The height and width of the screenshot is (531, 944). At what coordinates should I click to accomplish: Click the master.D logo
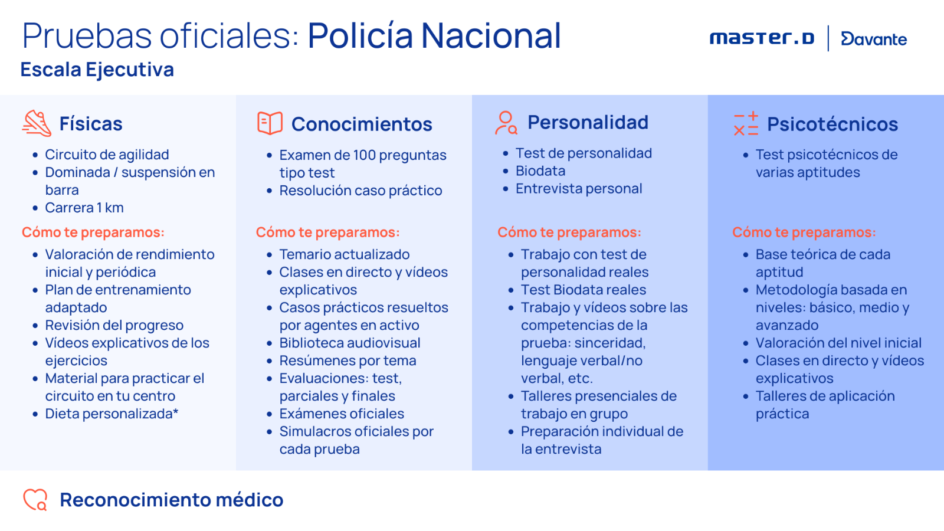pyautogui.click(x=762, y=38)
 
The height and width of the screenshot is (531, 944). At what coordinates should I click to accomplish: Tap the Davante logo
pyautogui.click(x=874, y=39)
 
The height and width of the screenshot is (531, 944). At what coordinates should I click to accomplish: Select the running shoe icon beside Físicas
pyautogui.click(x=37, y=123)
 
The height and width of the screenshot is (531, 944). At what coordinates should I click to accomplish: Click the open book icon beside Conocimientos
pyautogui.click(x=270, y=123)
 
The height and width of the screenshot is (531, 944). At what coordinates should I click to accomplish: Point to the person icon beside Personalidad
pyautogui.click(x=506, y=123)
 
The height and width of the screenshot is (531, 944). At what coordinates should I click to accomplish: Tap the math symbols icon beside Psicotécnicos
pyautogui.click(x=746, y=123)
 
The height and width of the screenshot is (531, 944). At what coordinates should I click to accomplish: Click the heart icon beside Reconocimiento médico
pyautogui.click(x=35, y=499)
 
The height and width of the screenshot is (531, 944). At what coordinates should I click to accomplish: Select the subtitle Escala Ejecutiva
pyautogui.click(x=97, y=70)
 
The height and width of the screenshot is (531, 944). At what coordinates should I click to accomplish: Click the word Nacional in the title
pyautogui.click(x=491, y=35)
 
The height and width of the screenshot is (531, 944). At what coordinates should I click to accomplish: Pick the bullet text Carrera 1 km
pyautogui.click(x=84, y=208)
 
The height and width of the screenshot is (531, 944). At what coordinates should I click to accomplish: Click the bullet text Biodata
pyautogui.click(x=540, y=171)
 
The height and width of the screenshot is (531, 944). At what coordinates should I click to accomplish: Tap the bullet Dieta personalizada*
pyautogui.click(x=112, y=414)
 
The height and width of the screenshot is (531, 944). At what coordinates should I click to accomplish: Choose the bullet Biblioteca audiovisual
pyautogui.click(x=350, y=343)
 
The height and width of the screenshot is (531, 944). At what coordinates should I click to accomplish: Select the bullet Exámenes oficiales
pyautogui.click(x=342, y=414)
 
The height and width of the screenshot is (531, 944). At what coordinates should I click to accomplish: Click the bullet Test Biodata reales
pyautogui.click(x=584, y=290)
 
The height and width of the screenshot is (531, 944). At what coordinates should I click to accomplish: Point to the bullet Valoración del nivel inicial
pyautogui.click(x=838, y=343)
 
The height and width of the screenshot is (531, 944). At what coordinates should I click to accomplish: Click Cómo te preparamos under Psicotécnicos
pyautogui.click(x=804, y=232)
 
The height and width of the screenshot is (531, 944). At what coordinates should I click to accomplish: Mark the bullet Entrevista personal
pyautogui.click(x=579, y=189)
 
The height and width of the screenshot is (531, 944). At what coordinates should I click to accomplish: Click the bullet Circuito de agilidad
pyautogui.click(x=107, y=155)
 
